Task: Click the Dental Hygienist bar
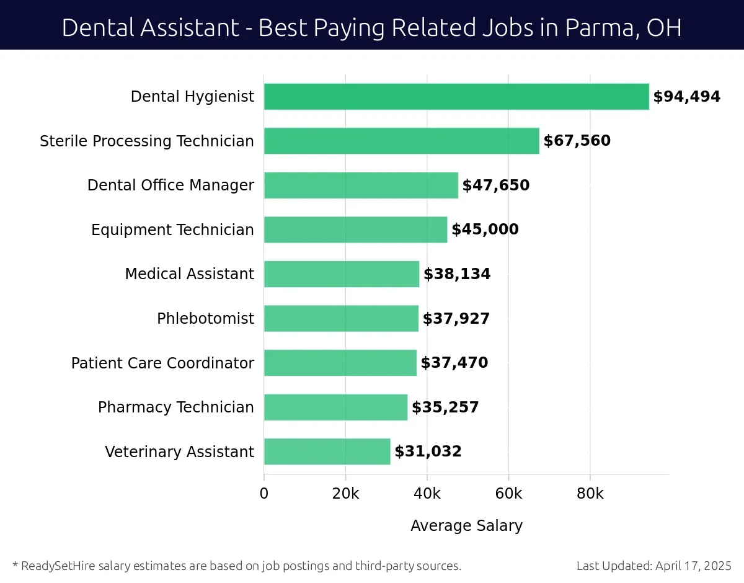[456, 97]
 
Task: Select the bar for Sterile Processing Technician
[402, 141]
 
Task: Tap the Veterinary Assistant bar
[327, 452]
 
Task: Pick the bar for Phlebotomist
[341, 319]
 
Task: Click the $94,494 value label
[686, 97]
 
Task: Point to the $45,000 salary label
[485, 230]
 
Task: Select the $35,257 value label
[445, 407]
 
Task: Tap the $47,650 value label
[496, 185]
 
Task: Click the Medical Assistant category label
[189, 274]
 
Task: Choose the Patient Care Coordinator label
[162, 363]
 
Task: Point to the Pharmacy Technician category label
[175, 407]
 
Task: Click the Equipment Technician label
[172, 230]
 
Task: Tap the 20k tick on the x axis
[345, 494]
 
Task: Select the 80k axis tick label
[590, 494]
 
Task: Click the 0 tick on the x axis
[264, 494]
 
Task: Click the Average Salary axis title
[466, 526]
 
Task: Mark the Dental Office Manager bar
[361, 185]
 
